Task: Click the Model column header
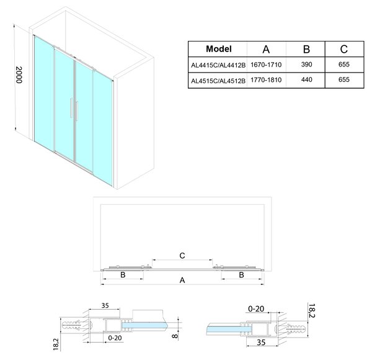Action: click(x=218, y=49)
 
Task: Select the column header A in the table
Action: click(x=266, y=49)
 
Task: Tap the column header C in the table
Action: click(x=343, y=49)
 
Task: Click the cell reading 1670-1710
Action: click(x=266, y=65)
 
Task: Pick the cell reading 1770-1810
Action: click(x=266, y=80)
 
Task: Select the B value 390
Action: click(x=306, y=65)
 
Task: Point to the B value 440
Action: click(x=306, y=79)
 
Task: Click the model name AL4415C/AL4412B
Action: click(x=218, y=65)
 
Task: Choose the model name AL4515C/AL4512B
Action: click(x=218, y=81)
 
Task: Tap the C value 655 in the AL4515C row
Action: click(x=344, y=79)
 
